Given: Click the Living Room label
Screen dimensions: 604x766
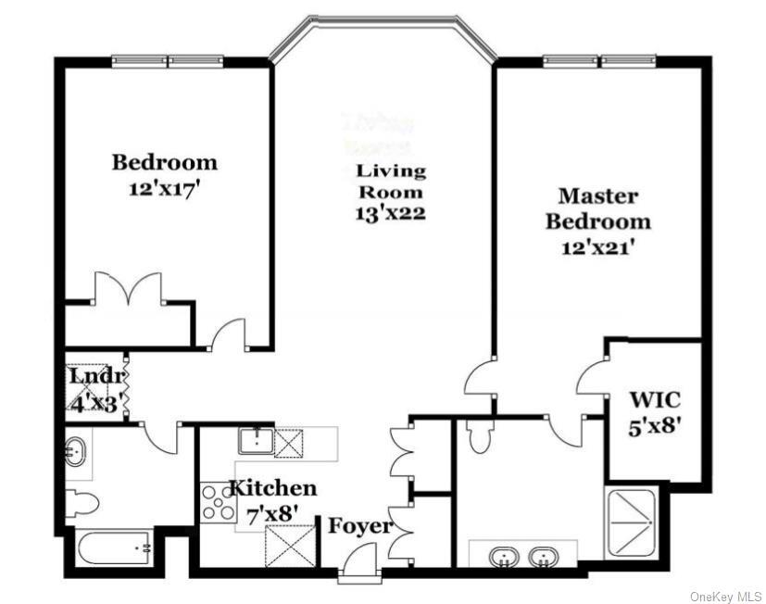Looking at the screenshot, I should click(391, 182).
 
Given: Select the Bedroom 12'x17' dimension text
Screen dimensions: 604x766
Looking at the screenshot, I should click(164, 186).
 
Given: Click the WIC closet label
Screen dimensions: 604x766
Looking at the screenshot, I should click(655, 400).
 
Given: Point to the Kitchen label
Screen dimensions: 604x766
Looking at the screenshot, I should click(272, 487).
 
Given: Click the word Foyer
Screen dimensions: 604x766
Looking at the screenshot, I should click(360, 526).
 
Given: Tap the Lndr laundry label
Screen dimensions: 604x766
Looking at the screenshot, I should click(94, 377).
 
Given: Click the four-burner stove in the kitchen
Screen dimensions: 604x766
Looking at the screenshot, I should click(217, 502).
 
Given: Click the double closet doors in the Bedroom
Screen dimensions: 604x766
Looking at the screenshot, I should click(128, 288).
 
